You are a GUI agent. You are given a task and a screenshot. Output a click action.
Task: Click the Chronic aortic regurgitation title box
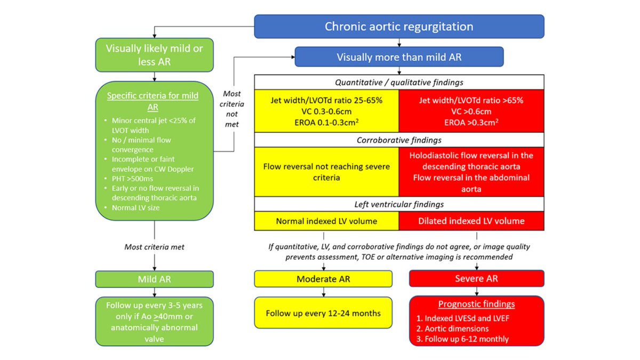pos(399,26)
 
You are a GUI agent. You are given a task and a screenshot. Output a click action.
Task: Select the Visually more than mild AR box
pos(399,57)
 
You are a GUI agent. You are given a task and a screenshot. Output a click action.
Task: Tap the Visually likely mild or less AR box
pos(154,54)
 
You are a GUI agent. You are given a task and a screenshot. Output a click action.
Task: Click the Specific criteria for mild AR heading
pos(153,101)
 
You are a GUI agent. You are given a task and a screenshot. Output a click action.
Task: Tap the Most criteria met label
pos(154,247)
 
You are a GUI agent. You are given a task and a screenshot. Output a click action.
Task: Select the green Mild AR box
pos(154,279)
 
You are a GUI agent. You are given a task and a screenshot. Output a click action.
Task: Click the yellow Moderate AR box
pos(323,279)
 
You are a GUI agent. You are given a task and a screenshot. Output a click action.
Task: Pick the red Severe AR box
pos(476,279)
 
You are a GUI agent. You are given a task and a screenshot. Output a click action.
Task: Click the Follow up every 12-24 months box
pos(323,313)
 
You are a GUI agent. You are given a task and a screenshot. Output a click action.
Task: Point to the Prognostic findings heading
pos(476,304)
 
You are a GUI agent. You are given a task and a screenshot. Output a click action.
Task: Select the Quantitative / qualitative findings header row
pos(399,82)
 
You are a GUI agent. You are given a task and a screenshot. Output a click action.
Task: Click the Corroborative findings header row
pos(399,140)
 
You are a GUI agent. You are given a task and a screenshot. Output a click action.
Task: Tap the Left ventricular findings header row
pos(399,204)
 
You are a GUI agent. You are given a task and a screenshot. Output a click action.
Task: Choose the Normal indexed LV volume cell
pos(326,221)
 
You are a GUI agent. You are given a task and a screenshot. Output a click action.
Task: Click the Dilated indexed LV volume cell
pos(471,221)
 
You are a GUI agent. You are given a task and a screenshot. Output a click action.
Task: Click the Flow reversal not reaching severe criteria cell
pos(326,171)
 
